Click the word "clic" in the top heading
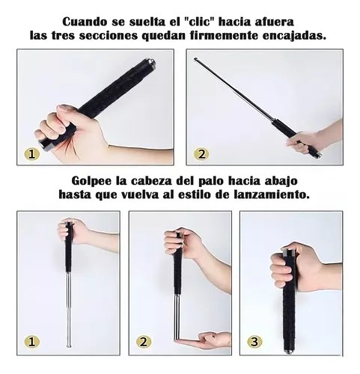pos(198,22)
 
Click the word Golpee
pos(91,181)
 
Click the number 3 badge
pos(254,342)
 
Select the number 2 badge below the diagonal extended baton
pos(201,154)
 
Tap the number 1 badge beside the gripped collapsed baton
pos(31,154)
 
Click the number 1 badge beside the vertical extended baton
pos(31,342)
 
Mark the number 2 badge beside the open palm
pos(144,342)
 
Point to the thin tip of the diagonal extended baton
pos(195,59)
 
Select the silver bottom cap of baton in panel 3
pos(290,351)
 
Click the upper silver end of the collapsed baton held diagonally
pos(151,61)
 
